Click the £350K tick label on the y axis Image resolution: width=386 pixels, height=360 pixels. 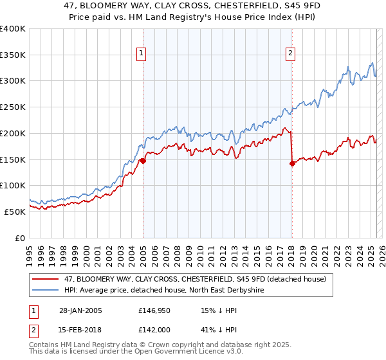pyautogui.click(x=13, y=55)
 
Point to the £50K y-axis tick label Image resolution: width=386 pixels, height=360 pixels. pyautogui.click(x=15, y=211)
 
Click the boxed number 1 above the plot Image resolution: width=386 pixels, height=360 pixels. pyautogui.click(x=141, y=53)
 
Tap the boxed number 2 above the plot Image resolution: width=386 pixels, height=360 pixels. pyautogui.click(x=291, y=53)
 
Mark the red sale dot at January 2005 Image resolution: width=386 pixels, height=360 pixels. pyautogui.click(x=143, y=161)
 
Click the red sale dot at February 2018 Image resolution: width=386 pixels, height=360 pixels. pyautogui.click(x=291, y=164)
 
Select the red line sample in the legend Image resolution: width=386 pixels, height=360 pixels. pyautogui.click(x=46, y=279)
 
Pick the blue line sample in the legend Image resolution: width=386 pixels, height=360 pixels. pyautogui.click(x=46, y=290)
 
